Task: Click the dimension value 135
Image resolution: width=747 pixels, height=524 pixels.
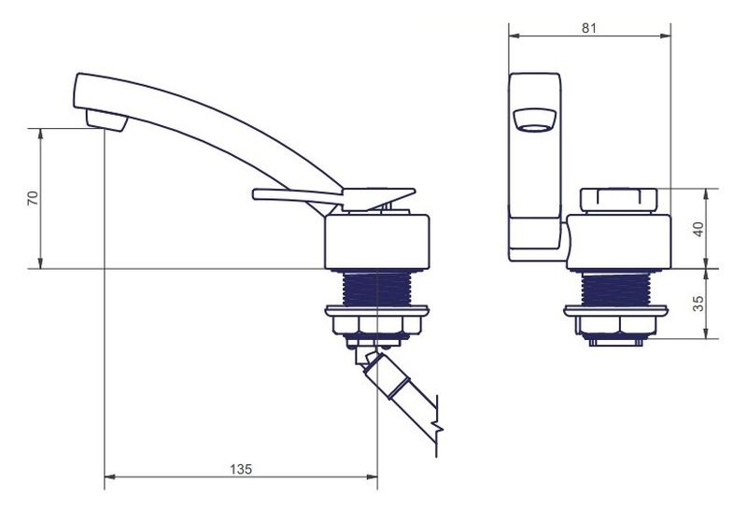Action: [241, 469]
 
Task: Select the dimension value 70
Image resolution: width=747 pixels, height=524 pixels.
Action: [33, 198]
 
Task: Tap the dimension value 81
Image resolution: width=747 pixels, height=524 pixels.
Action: [589, 28]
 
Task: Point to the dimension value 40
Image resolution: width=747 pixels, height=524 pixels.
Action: [698, 229]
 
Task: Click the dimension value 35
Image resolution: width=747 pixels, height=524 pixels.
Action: [698, 304]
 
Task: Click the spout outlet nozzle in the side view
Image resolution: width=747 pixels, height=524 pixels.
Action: [106, 120]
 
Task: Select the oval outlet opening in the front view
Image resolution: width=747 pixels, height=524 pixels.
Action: [534, 120]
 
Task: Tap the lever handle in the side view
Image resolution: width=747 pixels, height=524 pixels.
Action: [333, 196]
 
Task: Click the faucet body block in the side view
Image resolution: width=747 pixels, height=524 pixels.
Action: [377, 242]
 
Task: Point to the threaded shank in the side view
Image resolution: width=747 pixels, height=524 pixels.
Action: [377, 289]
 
